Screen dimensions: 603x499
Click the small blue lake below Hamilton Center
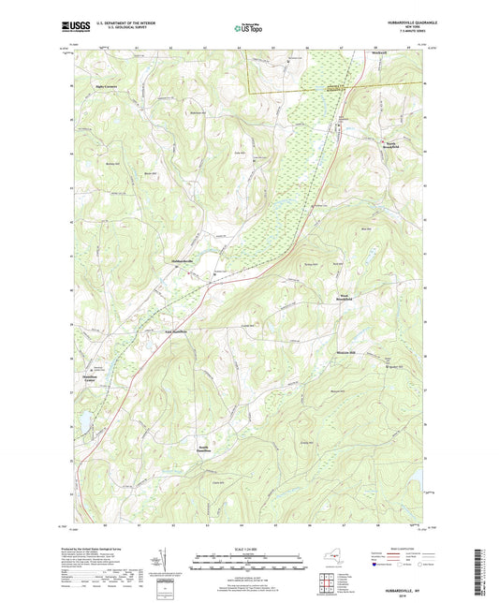[x=82, y=422]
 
